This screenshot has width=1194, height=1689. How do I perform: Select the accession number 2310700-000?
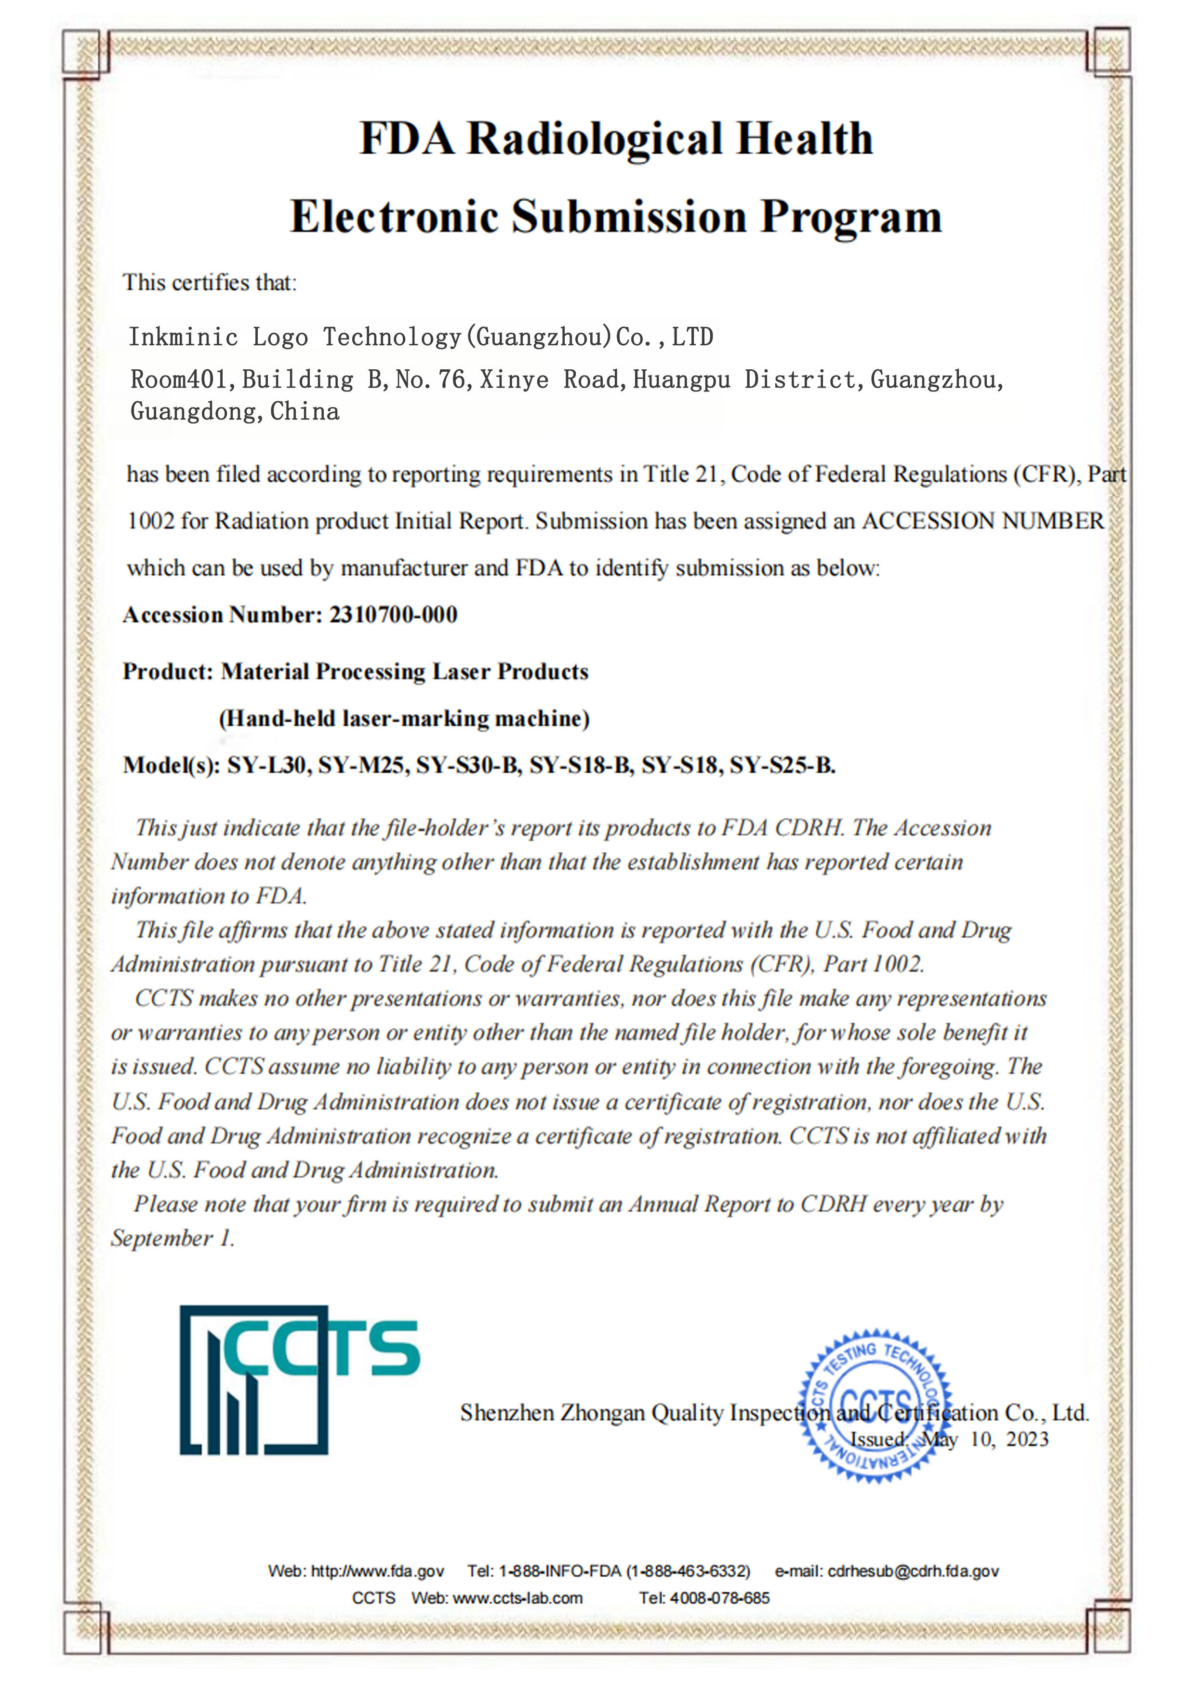pyautogui.click(x=393, y=615)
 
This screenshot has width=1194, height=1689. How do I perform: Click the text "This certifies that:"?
pyautogui.click(x=210, y=283)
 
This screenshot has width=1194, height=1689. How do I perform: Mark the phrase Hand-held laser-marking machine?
pyautogui.click(x=404, y=719)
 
